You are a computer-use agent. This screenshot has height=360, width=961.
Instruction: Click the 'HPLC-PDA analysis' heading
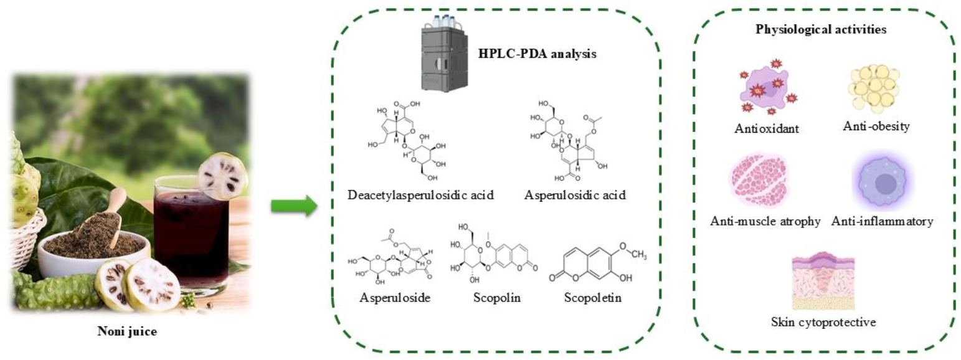click(537, 54)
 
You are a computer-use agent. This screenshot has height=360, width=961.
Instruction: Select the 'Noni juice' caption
click(127, 331)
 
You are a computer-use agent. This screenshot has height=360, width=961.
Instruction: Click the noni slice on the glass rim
click(222, 177)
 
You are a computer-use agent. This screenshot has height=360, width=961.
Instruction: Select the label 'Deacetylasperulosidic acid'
click(420, 196)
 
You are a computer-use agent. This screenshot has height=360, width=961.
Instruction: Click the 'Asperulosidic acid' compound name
click(575, 196)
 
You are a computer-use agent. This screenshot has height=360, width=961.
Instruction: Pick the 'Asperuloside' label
click(395, 298)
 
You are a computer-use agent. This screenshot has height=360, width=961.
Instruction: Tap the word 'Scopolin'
click(496, 298)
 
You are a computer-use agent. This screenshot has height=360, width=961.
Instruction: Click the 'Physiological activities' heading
click(821, 29)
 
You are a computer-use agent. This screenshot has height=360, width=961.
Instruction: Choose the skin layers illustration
click(822, 284)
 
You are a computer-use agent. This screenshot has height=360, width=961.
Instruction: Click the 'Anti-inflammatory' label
click(882, 221)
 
